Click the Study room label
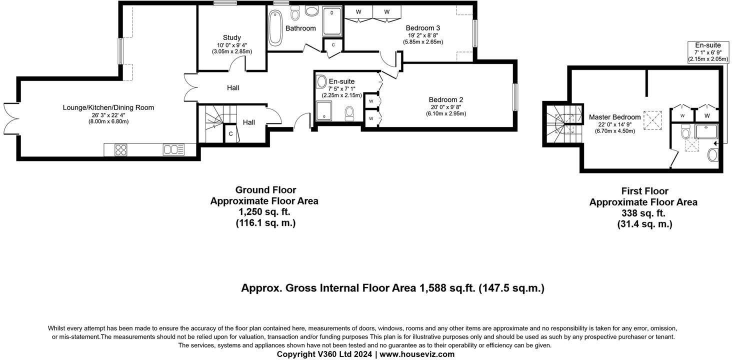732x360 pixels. [x=231, y=37]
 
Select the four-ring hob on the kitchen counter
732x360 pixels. [x=121, y=149]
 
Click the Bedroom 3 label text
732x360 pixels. [x=422, y=28]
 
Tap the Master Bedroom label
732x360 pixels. [x=614, y=117]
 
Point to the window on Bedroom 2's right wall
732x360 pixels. [x=514, y=96]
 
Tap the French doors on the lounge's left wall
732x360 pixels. [x=11, y=118]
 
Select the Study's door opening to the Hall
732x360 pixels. [x=237, y=65]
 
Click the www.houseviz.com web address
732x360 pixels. [x=417, y=354]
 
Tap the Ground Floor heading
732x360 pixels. [x=265, y=190]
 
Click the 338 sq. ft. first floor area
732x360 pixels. [x=643, y=213]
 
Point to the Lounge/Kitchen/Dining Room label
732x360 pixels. [x=108, y=107]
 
